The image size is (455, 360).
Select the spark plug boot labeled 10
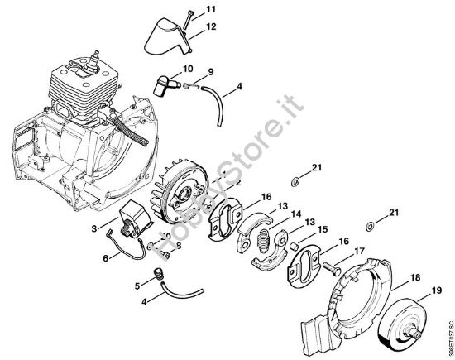tap(165, 84)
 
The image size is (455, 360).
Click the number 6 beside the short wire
tap(104, 258)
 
